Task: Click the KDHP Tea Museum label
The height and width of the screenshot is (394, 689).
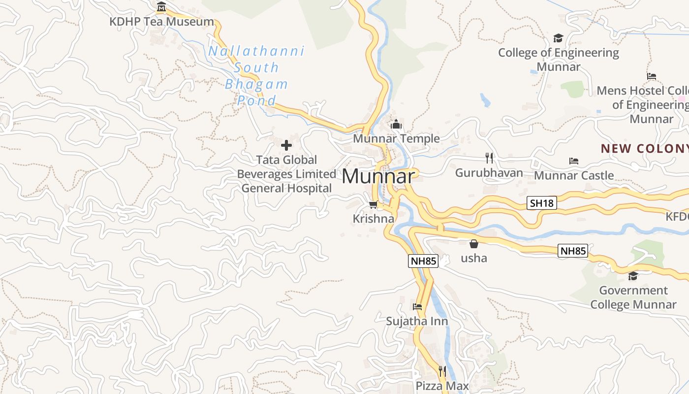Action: coord(162,22)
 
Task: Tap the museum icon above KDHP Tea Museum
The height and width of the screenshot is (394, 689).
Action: coord(161,7)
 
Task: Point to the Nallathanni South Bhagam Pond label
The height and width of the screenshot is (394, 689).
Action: coord(256,75)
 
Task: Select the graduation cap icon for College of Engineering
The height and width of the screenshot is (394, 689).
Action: coord(558,38)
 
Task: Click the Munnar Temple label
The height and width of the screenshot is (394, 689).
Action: coord(396,138)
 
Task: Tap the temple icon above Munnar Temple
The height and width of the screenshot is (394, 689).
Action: coord(396,125)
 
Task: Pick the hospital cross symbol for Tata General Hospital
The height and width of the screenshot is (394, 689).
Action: coord(286,145)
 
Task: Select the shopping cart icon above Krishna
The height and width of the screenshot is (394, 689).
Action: coord(374,204)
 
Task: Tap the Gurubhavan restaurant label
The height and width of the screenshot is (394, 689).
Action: coord(489,173)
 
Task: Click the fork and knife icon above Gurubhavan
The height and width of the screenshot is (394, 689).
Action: coord(489,158)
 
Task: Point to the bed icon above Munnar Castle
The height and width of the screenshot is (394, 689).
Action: coord(573,161)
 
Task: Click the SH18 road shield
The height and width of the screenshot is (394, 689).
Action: coord(542,203)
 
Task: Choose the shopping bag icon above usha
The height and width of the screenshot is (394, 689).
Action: coord(474,244)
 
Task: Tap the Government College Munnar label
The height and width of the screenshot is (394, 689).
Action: coord(633,297)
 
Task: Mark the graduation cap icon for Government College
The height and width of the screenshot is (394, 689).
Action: coord(633,276)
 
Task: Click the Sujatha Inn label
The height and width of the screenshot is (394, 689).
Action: coord(417,321)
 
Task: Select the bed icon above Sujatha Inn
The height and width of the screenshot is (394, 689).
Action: coord(417,307)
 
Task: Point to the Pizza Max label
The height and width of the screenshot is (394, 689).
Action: coord(442,386)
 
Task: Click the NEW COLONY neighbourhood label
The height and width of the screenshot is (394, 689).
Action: coord(644,148)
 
